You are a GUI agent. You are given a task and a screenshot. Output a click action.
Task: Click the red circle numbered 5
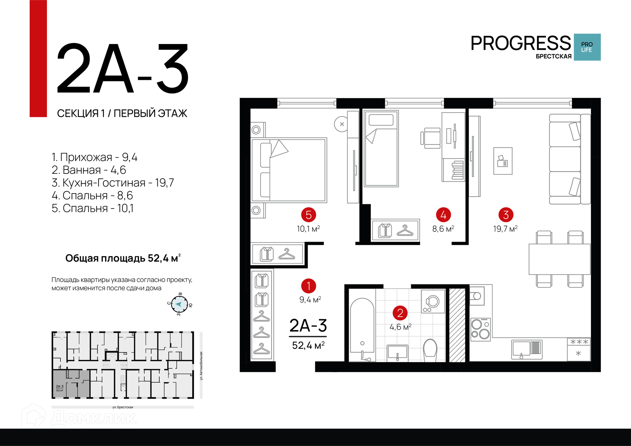[309, 215]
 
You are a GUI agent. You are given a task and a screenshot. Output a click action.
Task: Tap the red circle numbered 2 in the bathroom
[400, 313]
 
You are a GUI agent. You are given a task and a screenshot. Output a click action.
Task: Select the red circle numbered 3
[506, 215]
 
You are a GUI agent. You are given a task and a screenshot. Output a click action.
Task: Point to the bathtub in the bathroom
[362, 329]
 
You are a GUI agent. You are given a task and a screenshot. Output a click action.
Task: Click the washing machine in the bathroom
[433, 301]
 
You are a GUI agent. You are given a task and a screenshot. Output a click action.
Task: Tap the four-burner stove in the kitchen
[480, 329]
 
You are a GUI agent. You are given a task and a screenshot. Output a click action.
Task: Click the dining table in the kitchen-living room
[559, 259]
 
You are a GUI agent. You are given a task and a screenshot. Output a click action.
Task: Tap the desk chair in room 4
[431, 138]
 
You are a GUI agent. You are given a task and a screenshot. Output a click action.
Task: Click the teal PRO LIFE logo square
[587, 47]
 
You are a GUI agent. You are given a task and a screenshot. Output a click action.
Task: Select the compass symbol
[179, 304]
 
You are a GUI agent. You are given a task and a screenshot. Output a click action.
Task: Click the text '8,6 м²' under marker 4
[443, 229]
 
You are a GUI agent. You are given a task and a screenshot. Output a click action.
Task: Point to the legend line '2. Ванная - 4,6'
[89, 170]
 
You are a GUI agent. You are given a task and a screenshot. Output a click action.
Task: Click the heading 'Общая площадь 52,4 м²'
[123, 258]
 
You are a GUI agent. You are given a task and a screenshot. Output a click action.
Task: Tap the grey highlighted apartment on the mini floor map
[71, 383]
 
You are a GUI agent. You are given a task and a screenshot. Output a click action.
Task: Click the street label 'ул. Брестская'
[123, 407]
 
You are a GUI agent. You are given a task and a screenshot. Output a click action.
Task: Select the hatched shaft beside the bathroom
[457, 325]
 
